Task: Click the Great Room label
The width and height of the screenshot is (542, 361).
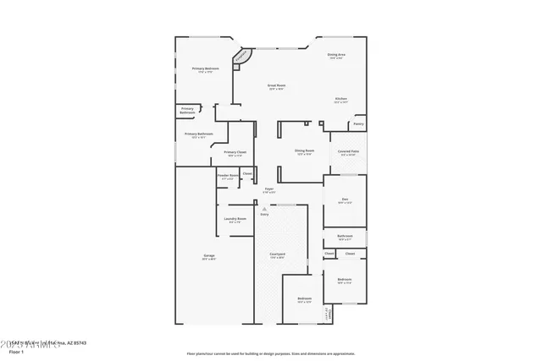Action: [x=276, y=85]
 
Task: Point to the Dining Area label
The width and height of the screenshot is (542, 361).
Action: [x=335, y=56]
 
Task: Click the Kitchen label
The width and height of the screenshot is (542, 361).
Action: [x=340, y=99]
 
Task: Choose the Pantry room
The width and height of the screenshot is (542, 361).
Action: [x=358, y=124]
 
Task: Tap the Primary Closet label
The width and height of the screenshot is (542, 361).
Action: [x=235, y=152]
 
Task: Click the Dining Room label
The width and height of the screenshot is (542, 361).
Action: [x=304, y=151]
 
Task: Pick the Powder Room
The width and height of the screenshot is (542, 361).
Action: [x=228, y=176]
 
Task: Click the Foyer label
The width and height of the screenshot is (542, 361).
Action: [x=268, y=189]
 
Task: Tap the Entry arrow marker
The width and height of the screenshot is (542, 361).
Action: [x=264, y=208]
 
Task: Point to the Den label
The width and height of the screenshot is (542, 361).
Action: [x=345, y=200]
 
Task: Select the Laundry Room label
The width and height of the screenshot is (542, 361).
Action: [x=235, y=219]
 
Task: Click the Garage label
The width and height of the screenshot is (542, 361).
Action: [x=208, y=257]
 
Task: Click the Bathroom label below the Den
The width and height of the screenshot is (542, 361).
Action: [x=345, y=237]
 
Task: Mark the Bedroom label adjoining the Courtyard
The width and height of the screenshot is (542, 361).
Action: [x=304, y=298]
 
